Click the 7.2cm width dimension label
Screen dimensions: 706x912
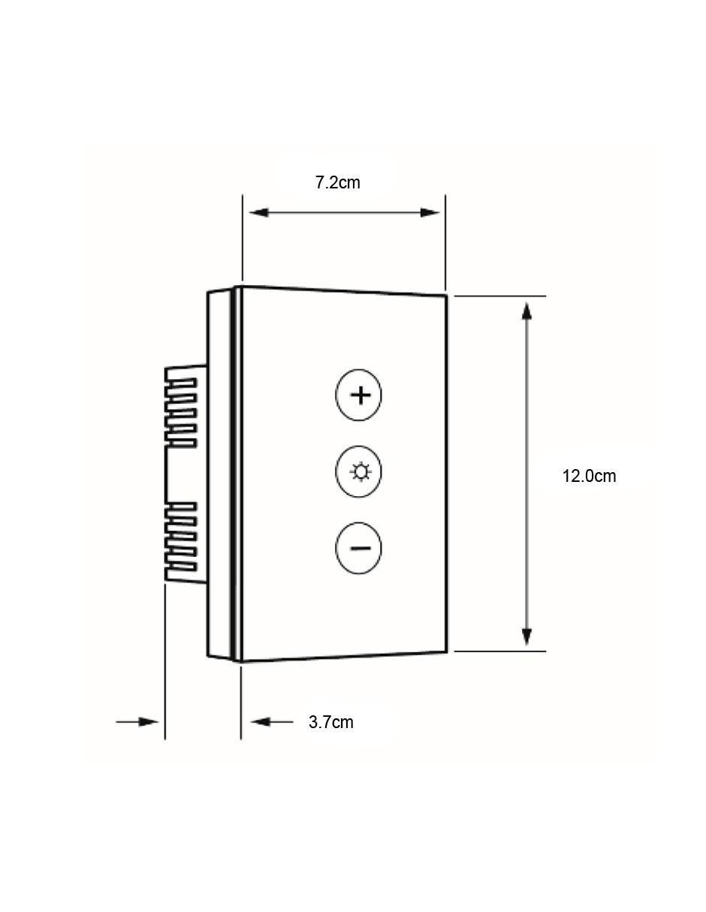pyautogui.click(x=337, y=182)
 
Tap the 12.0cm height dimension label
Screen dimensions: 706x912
pyautogui.click(x=589, y=477)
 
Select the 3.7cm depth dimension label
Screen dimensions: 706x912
pyautogui.click(x=330, y=722)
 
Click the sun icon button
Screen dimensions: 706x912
pyautogui.click(x=358, y=471)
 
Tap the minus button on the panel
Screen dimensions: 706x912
pyautogui.click(x=358, y=548)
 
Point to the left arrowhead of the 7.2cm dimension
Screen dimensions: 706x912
pyautogui.click(x=258, y=212)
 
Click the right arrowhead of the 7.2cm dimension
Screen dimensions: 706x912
pyautogui.click(x=430, y=212)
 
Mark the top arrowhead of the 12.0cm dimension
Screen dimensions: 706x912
pyautogui.click(x=526, y=312)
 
